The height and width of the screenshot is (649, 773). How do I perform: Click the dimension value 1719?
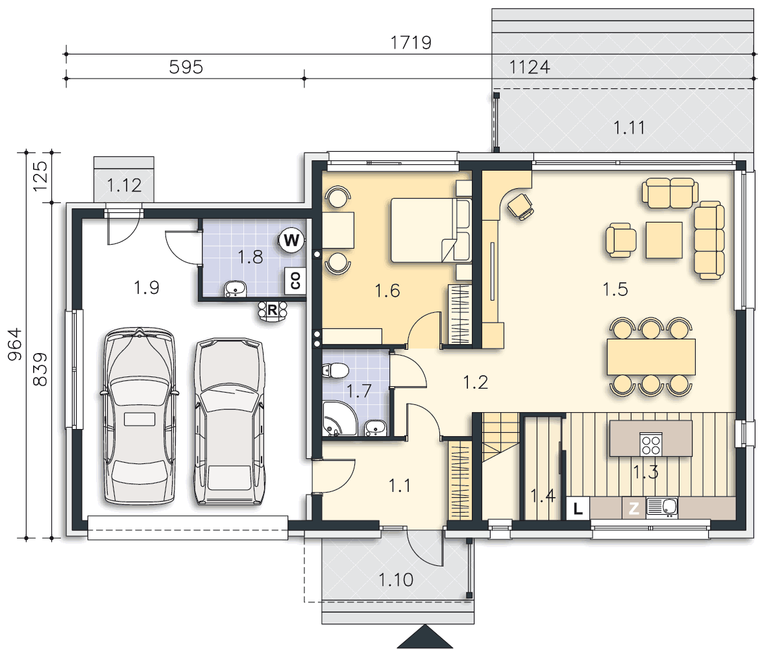click(x=411, y=42)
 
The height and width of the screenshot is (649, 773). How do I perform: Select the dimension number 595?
click(x=186, y=67)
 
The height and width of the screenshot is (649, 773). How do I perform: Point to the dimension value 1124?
click(x=529, y=67)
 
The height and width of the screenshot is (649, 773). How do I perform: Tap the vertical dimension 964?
click(x=15, y=344)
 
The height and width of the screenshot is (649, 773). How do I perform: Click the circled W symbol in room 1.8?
click(x=291, y=241)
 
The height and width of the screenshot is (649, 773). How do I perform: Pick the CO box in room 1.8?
click(x=295, y=280)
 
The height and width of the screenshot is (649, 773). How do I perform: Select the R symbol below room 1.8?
click(x=272, y=310)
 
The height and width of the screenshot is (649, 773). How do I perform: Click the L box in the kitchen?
click(x=578, y=508)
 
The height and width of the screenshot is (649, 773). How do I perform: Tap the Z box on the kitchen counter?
click(x=633, y=508)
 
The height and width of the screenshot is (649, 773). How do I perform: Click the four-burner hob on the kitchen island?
click(x=651, y=444)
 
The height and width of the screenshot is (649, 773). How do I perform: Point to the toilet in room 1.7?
click(x=336, y=370)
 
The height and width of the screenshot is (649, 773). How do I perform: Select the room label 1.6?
click(x=387, y=291)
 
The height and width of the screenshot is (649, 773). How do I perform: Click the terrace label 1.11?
click(x=629, y=128)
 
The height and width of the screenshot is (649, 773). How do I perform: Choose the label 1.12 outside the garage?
click(x=124, y=185)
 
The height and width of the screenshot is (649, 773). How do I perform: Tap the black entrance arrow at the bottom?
click(x=425, y=637)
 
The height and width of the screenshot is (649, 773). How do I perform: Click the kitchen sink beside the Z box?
click(x=662, y=507)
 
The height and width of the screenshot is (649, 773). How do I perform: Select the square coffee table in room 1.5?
click(x=664, y=240)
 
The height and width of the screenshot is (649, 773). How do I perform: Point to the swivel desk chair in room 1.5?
click(x=521, y=206)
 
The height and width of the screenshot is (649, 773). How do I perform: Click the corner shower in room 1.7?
click(x=339, y=419)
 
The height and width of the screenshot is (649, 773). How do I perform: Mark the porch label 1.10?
click(x=396, y=580)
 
